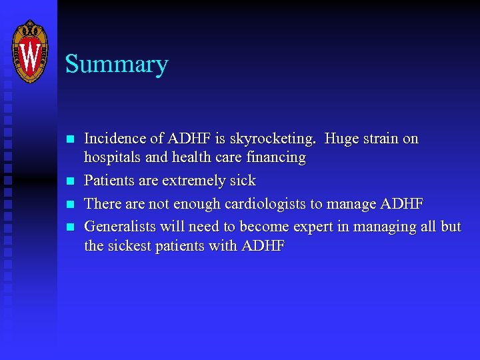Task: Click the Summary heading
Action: (117, 65)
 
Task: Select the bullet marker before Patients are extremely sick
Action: (69, 181)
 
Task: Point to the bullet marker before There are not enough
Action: (69, 203)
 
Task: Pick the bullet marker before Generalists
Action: (69, 227)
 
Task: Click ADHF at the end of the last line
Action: (263, 246)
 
